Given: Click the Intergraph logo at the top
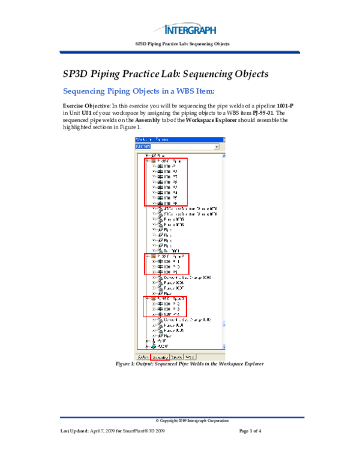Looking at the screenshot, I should pyautogui.click(x=190, y=29).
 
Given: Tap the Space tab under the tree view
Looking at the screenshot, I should pyautogui.click(x=176, y=357).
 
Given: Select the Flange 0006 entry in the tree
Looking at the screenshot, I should pyautogui.click(x=173, y=283).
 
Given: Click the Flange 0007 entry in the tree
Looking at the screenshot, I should pyautogui.click(x=173, y=288).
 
